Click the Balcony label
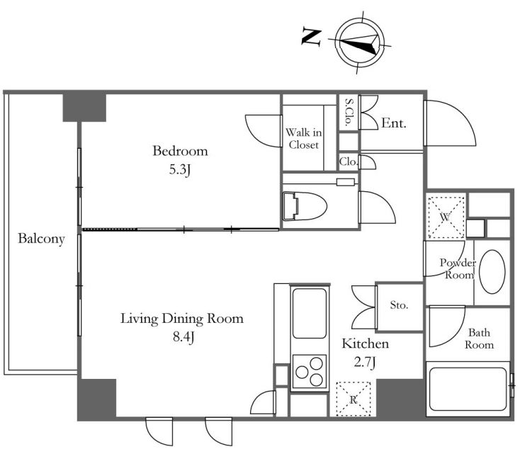point(41,239)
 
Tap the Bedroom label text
point(180,151)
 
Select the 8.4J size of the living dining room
point(183,337)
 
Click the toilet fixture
point(305,205)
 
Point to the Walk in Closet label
point(303,139)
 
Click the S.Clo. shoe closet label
point(349,112)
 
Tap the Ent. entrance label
point(393,123)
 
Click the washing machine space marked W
point(446,217)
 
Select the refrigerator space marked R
point(354,399)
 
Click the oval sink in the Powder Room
point(492,271)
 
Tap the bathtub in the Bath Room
point(468,389)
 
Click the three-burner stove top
point(309,370)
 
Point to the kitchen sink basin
point(309,313)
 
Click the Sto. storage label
point(399,305)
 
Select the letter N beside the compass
point(311,37)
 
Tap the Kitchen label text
point(365,344)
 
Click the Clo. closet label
point(349,161)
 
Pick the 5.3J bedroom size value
point(180,170)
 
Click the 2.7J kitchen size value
point(365,362)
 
